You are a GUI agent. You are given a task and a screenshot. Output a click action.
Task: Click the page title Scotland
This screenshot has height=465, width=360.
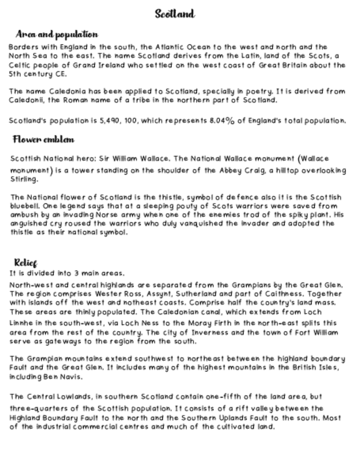(x=175, y=14)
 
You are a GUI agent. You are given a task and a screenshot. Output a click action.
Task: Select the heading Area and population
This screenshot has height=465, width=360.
(x=57, y=35)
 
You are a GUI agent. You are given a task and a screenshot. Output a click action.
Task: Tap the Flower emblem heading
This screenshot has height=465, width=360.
(x=43, y=139)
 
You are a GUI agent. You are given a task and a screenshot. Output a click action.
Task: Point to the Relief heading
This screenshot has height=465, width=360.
(x=25, y=263)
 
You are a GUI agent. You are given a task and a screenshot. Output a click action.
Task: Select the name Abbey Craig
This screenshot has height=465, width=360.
(x=239, y=171)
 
